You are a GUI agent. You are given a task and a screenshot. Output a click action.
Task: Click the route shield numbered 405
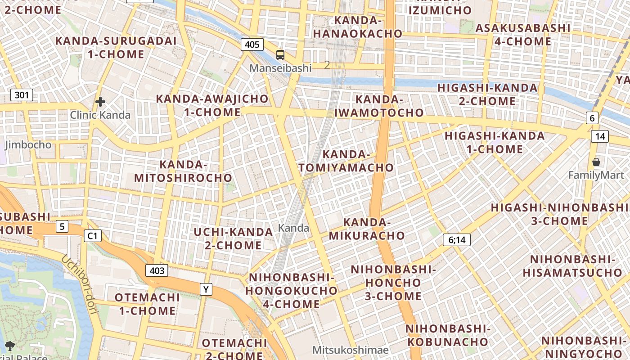tap(252, 44)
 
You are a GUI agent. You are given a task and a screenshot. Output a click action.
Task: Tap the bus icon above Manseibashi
tap(280, 55)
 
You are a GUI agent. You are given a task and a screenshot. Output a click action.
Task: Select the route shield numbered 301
tap(22, 95)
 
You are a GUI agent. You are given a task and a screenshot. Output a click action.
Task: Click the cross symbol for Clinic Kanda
tap(100, 102)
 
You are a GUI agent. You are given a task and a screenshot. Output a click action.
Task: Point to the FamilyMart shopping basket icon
tap(596, 162)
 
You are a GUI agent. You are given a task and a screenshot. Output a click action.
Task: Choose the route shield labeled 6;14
tap(457, 240)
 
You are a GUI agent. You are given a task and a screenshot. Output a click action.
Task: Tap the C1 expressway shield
tap(93, 235)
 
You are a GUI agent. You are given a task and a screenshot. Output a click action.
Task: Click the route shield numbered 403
tap(157, 270)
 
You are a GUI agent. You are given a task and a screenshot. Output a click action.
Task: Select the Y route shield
tap(206, 289)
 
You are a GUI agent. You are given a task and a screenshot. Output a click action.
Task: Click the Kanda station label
tap(293, 228)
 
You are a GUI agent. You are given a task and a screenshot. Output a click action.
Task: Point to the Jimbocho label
tap(28, 145)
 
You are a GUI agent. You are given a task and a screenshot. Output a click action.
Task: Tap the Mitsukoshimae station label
tap(351, 350)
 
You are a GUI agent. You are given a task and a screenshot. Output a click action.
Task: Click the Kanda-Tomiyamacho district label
tap(346, 161)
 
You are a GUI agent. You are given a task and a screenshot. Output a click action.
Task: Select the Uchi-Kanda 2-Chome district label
tap(233, 238)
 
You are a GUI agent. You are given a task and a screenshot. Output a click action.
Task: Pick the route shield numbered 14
tap(600, 136)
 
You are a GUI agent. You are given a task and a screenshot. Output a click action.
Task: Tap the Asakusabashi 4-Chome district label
tap(522, 35)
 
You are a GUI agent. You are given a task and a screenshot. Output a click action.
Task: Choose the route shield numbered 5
tap(62, 226)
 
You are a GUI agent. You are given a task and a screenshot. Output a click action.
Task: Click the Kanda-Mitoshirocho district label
tap(183, 171)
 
